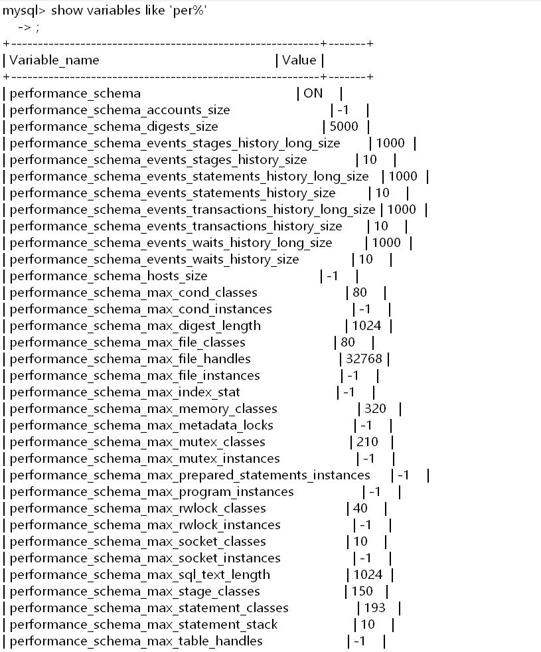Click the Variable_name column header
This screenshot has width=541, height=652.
click(x=54, y=60)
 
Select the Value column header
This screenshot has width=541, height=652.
click(x=299, y=60)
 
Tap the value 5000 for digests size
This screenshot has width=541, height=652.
click(x=344, y=127)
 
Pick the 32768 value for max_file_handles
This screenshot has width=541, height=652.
click(x=364, y=359)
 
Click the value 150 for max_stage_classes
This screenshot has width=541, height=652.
click(x=362, y=592)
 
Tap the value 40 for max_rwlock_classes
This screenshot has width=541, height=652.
click(x=360, y=509)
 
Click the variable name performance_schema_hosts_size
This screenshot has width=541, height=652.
click(x=109, y=276)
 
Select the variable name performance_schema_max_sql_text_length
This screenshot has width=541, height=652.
click(x=140, y=575)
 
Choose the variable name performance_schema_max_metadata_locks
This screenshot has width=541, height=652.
click(x=141, y=426)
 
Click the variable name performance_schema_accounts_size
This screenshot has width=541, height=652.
click(x=120, y=110)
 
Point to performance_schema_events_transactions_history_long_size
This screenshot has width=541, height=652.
click(x=193, y=210)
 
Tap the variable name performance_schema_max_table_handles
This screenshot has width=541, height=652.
click(x=136, y=641)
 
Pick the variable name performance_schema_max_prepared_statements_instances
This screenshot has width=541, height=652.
click(x=190, y=475)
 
